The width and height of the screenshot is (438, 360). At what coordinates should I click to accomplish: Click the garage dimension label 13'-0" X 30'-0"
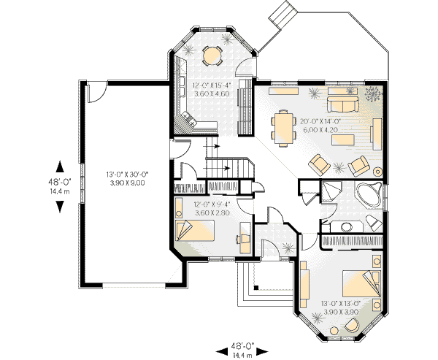click(127, 175)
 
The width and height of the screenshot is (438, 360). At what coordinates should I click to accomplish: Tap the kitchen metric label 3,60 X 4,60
click(212, 93)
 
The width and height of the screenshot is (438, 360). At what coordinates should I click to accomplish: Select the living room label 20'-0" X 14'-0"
click(321, 122)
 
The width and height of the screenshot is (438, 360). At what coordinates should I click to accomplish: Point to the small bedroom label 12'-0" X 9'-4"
click(212, 204)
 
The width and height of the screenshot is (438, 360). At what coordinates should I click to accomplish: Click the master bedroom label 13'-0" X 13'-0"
click(341, 303)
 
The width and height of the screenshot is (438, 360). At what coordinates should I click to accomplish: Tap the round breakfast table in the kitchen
click(212, 55)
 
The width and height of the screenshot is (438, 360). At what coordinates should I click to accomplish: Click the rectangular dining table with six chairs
click(283, 128)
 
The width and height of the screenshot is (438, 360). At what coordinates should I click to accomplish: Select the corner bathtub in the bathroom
click(369, 194)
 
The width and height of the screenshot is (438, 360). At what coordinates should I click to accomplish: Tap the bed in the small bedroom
click(195, 230)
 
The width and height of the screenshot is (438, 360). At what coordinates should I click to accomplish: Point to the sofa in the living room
click(343, 104)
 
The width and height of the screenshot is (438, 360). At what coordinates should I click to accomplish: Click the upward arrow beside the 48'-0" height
click(60, 166)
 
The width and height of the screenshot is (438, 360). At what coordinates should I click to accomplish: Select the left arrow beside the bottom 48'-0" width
click(223, 351)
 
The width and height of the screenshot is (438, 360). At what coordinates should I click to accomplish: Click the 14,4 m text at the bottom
click(242, 356)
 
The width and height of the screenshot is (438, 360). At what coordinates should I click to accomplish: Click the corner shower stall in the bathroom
click(331, 191)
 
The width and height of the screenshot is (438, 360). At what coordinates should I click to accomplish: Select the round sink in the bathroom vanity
click(347, 227)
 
